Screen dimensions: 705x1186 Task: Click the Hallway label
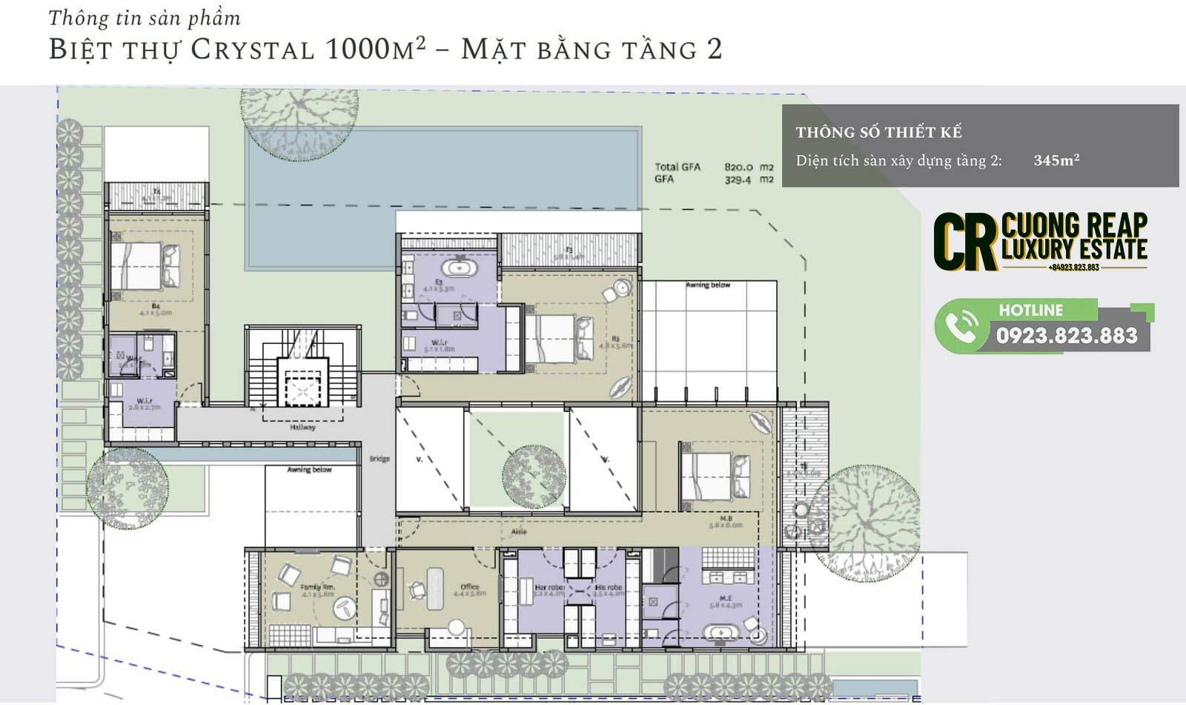tap(302, 428)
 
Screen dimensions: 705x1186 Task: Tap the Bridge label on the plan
tap(380, 459)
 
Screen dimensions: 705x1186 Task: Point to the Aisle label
tap(519, 532)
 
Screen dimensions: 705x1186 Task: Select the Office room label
tap(469, 587)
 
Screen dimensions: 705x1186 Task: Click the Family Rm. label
tap(317, 587)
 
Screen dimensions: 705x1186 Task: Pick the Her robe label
tap(549, 587)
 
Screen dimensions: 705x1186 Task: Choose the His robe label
tap(608, 587)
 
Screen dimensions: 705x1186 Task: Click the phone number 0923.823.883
tap(1066, 336)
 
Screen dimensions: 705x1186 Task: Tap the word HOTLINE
tap(1030, 311)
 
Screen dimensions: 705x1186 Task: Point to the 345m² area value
tap(1056, 160)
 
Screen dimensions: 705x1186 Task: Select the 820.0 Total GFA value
tap(738, 168)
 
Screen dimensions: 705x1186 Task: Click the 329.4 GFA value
tap(738, 179)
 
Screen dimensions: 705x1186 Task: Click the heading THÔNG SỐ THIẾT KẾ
tap(878, 133)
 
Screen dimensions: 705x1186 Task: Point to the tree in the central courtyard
tap(534, 477)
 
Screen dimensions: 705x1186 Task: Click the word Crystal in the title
tap(252, 50)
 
